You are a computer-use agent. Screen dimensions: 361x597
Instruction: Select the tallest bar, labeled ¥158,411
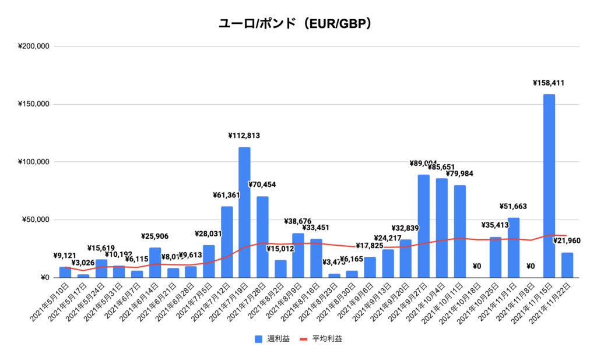(549, 186)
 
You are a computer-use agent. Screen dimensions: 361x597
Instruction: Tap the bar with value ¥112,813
(244, 213)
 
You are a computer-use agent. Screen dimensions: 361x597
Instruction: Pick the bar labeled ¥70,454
(262, 237)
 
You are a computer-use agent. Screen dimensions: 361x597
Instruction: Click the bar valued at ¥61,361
(227, 242)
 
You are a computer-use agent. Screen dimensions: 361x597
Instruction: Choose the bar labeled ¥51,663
(513, 247)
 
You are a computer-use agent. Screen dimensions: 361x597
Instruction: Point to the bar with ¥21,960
(567, 265)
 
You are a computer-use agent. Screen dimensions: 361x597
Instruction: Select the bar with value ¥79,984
(459, 231)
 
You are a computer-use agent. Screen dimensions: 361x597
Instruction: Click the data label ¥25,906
(155, 236)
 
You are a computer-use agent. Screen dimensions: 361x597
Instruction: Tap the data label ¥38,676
(298, 222)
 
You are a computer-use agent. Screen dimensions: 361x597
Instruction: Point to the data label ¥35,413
(496, 225)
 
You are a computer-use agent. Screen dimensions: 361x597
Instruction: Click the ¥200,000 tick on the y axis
(34, 47)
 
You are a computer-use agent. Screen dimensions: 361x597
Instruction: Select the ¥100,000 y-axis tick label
(34, 162)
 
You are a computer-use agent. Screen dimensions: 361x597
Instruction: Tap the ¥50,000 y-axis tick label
(36, 220)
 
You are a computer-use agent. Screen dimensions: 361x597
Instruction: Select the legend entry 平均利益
(321, 338)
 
